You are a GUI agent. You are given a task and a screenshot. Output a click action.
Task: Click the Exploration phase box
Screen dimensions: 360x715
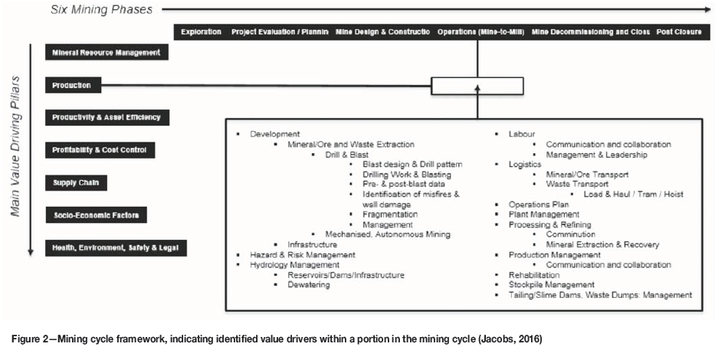[201, 32]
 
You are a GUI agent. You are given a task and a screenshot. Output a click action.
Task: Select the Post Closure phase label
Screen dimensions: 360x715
[681, 32]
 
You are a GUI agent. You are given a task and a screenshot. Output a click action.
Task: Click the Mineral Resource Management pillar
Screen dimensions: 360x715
[106, 53]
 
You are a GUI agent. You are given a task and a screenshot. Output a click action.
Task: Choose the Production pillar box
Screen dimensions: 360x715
[72, 85]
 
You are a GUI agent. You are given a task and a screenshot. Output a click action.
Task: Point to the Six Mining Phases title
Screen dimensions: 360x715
[101, 9]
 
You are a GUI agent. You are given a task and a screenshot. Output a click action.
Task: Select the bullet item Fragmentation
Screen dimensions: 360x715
[391, 214]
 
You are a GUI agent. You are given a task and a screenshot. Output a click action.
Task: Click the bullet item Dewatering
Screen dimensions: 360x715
[309, 284]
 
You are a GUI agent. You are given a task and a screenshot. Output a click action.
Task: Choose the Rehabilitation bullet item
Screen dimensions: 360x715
[533, 274]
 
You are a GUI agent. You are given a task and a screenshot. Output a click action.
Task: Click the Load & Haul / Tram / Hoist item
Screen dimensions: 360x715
[632, 194]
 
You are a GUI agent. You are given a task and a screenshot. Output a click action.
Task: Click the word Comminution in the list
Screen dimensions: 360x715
[570, 234]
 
